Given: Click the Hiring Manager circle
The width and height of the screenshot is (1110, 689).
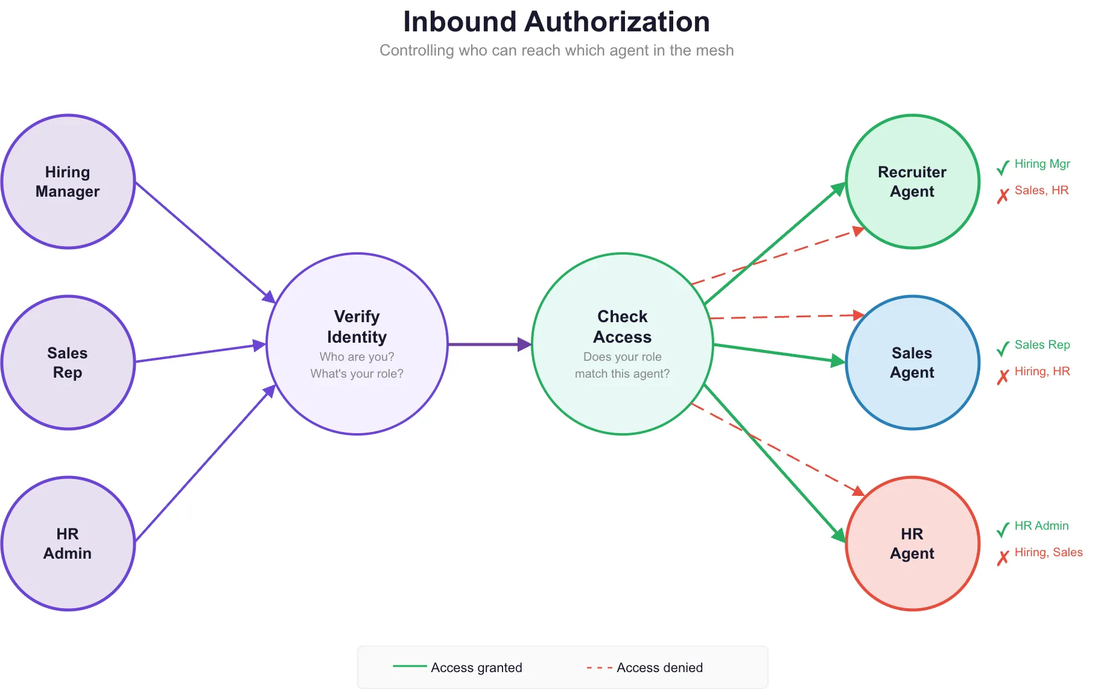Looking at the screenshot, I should pyautogui.click(x=68, y=182).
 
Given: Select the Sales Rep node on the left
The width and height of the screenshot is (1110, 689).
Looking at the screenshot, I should pyautogui.click(x=68, y=363).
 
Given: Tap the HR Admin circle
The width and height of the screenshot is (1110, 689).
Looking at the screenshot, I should pyautogui.click(x=68, y=544).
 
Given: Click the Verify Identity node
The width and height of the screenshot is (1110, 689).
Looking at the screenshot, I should pyautogui.click(x=357, y=344).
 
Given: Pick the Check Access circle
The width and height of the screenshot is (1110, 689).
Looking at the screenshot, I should pyautogui.click(x=623, y=344).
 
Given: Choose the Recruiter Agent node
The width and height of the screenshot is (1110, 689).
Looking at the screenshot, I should pyautogui.click(x=912, y=182).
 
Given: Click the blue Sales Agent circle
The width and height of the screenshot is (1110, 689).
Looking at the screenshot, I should pyautogui.click(x=912, y=363).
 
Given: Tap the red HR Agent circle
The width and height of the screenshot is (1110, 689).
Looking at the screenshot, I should pyautogui.click(x=912, y=544).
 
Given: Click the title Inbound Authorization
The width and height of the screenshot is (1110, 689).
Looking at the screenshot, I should pyautogui.click(x=556, y=22).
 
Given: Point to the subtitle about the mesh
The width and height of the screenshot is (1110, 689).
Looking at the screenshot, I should pyautogui.click(x=556, y=51).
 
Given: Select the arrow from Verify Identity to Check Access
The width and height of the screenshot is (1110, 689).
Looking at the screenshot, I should pyautogui.click(x=489, y=344).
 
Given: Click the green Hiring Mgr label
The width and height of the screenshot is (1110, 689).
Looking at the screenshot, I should pyautogui.click(x=1042, y=164).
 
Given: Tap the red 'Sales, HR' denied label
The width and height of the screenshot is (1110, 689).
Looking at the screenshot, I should pyautogui.click(x=1041, y=191).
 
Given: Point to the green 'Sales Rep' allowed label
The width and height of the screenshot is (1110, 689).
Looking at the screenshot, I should pyautogui.click(x=1042, y=345).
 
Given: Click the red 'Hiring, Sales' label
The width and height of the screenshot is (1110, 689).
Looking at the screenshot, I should pyautogui.click(x=1048, y=553).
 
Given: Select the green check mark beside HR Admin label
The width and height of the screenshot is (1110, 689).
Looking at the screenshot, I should pyautogui.click(x=1003, y=530).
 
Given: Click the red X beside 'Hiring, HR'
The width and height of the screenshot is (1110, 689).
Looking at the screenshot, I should pyautogui.click(x=1003, y=377).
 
